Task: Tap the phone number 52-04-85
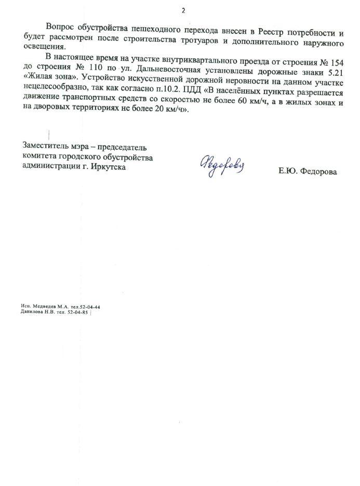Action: pyautogui.click(x=77, y=312)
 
